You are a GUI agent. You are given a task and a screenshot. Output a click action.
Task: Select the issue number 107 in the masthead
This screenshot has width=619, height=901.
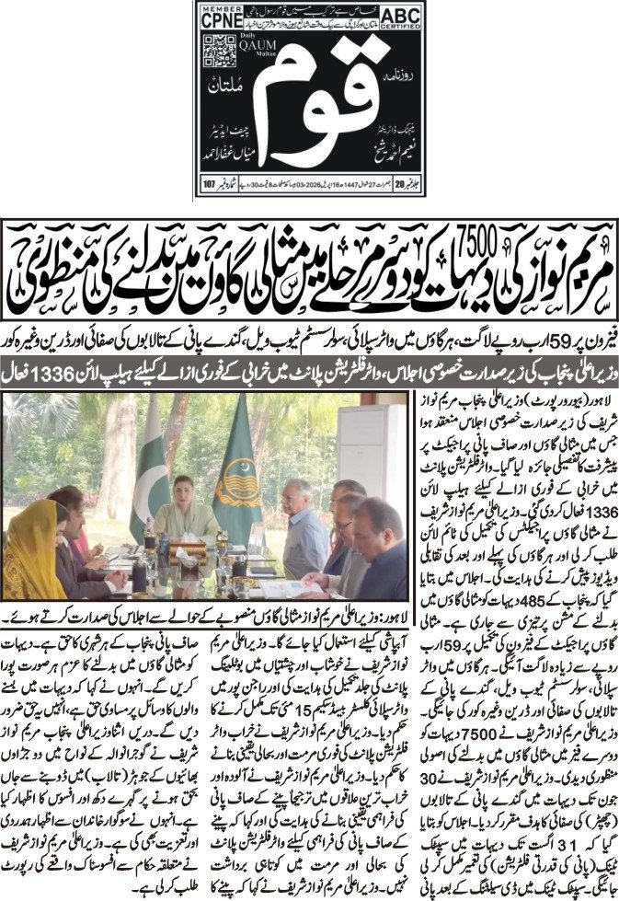(x=209, y=183)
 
